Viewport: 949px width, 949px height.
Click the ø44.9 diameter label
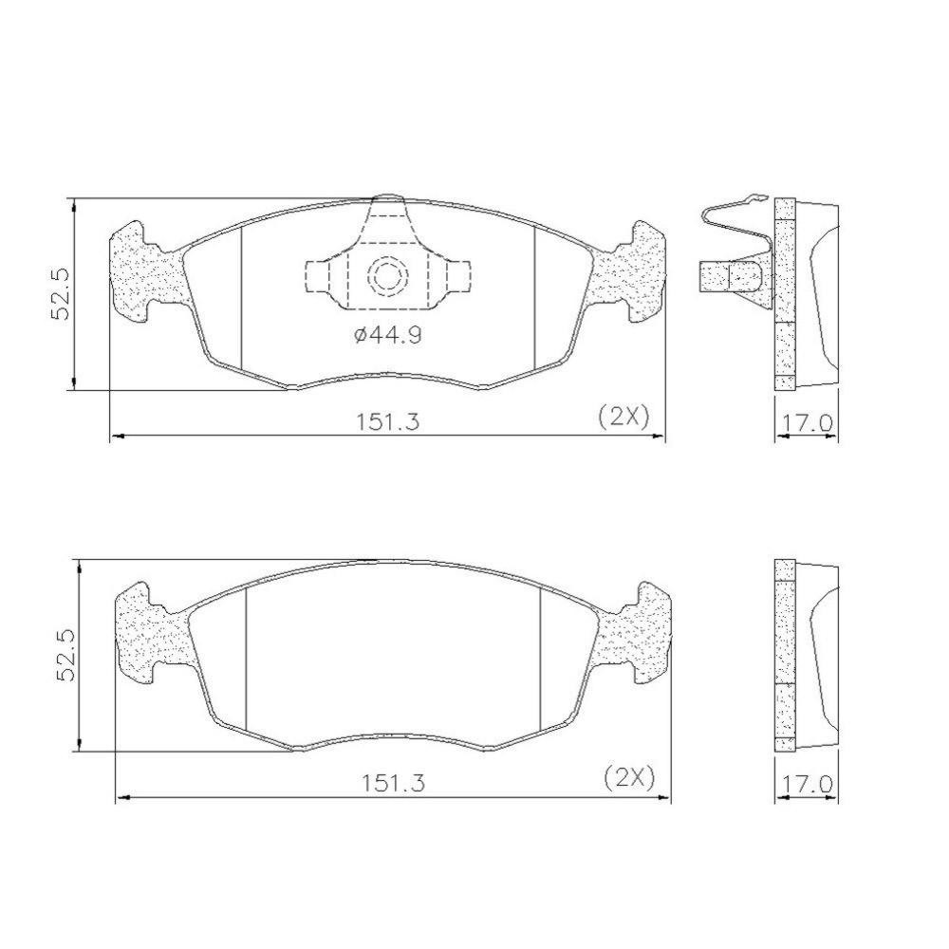pos(387,335)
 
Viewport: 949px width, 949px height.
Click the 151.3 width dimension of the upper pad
pos(386,421)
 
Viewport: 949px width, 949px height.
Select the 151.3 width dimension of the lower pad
pos(394,783)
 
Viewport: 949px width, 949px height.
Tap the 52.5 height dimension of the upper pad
pos(62,294)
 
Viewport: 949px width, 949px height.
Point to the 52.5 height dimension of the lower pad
pos(66,655)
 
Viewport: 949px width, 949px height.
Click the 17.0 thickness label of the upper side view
pos(808,423)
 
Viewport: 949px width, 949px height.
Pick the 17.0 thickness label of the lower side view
pos(808,785)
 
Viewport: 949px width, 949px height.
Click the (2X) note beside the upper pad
pos(624,417)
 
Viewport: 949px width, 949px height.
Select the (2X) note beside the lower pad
pos(630,778)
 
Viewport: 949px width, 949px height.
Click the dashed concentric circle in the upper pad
pos(388,276)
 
